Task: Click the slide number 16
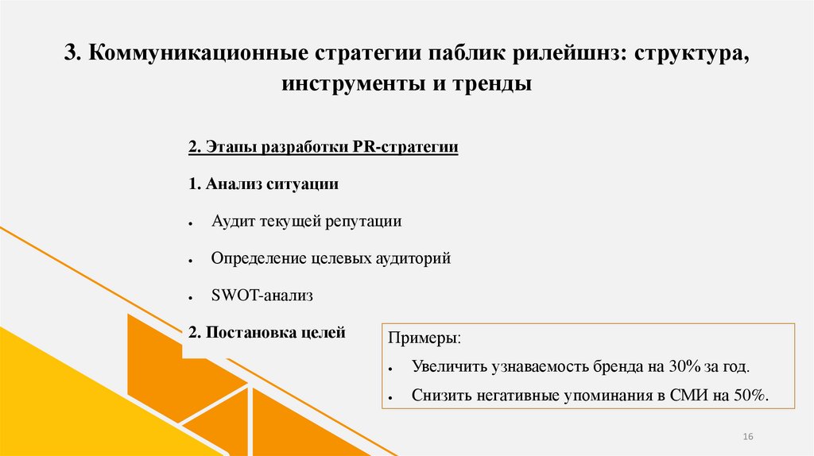point(747,437)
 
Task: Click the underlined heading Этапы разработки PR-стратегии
point(324,148)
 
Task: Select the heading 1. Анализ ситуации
point(264,184)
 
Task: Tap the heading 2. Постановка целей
point(267,333)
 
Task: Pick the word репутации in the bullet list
point(362,222)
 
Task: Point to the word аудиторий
point(412,258)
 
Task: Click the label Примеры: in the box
point(424,339)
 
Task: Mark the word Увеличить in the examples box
point(449,367)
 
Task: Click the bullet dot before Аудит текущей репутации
point(192,225)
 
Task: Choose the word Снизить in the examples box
point(440,395)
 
